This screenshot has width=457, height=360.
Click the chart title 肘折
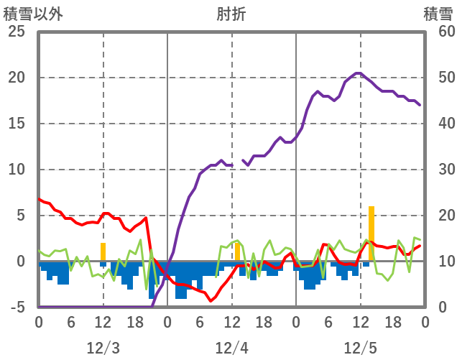[x=231, y=14]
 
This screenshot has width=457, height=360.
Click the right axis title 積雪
[x=438, y=14]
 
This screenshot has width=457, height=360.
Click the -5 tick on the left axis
[x=16, y=308]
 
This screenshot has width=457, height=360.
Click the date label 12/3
[x=103, y=348]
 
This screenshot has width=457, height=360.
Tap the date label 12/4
[x=231, y=348]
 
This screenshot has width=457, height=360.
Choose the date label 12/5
[x=360, y=348]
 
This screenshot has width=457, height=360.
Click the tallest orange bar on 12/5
[x=371, y=234]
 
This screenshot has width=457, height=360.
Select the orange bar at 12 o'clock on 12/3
[x=103, y=252]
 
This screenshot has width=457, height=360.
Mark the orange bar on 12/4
[x=237, y=251]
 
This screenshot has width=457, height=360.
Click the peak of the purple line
[x=358, y=73]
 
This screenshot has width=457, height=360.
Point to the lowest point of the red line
[x=211, y=300]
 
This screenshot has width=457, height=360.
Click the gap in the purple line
[x=238, y=162]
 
